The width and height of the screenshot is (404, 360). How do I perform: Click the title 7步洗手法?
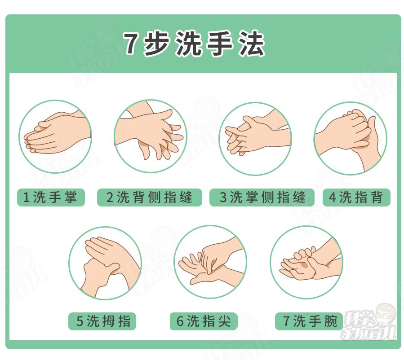pos(194,44)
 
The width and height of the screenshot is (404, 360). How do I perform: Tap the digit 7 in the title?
pos(131,44)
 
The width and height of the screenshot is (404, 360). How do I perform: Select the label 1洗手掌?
pos(51,197)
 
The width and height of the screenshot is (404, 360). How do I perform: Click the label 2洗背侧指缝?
pos(150,197)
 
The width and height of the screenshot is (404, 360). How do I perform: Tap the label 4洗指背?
pos(356,197)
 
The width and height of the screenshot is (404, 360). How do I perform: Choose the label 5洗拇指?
pos(103,321)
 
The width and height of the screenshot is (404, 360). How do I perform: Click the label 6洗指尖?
pos(204,321)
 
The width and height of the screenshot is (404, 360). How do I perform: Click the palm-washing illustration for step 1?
pos(55,137)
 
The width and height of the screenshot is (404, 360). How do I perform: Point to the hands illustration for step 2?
pos(150,137)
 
